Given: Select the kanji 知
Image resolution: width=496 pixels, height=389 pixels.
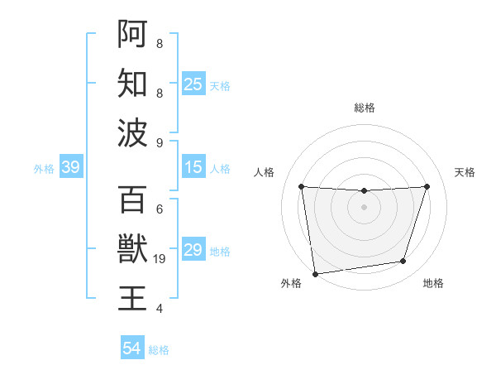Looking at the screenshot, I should tap(132, 84).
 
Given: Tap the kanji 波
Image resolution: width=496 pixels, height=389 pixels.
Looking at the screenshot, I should tap(132, 133).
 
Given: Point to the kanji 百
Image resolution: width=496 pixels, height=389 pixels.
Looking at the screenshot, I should tap(132, 199).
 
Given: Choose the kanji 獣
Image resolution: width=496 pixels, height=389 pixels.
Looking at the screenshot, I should tap(132, 248).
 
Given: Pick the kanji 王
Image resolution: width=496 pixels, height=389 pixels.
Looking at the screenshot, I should tap(132, 298).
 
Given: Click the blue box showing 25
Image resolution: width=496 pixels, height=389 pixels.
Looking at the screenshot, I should tap(193, 84).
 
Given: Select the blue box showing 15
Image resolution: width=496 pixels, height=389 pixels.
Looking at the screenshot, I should tap(193, 168).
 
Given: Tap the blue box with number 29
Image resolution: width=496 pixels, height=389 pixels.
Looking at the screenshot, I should tap(193, 250).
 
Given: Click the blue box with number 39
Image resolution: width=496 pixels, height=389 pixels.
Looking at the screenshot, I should tap(70, 168).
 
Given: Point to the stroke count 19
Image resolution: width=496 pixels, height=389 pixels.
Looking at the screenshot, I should tap(160, 259).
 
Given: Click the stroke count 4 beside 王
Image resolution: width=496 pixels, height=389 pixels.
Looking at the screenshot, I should tap(159, 309).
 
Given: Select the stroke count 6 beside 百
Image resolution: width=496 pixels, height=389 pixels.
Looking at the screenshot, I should tap(159, 209).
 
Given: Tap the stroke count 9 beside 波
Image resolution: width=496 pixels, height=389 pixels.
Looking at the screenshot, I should tap(159, 142).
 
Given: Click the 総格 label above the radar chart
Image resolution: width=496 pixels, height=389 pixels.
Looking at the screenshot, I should tap(364, 108).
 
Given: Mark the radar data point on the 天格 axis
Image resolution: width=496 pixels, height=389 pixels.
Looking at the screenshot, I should tap(427, 186).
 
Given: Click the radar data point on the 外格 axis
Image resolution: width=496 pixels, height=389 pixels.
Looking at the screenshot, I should tap(315, 273).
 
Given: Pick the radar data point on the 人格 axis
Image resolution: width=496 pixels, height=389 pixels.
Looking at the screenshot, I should tap(301, 186).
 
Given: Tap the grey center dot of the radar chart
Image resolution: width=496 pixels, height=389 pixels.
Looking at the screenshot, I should tap(364, 207).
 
